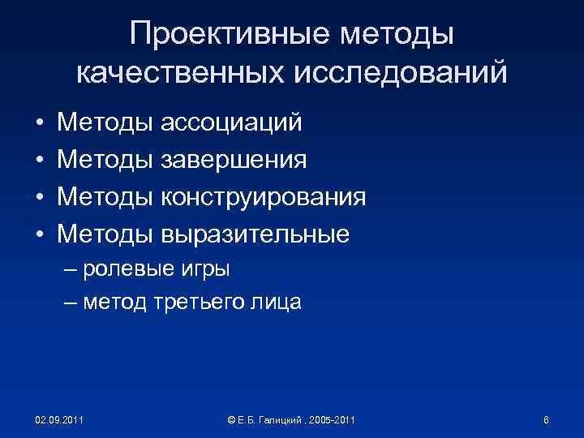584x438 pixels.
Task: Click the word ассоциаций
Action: pyautogui.click(x=231, y=122)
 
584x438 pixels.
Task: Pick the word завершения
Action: pyautogui.click(x=234, y=160)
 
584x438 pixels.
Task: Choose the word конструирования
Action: pyautogui.click(x=264, y=197)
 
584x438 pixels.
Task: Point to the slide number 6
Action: pyautogui.click(x=546, y=419)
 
